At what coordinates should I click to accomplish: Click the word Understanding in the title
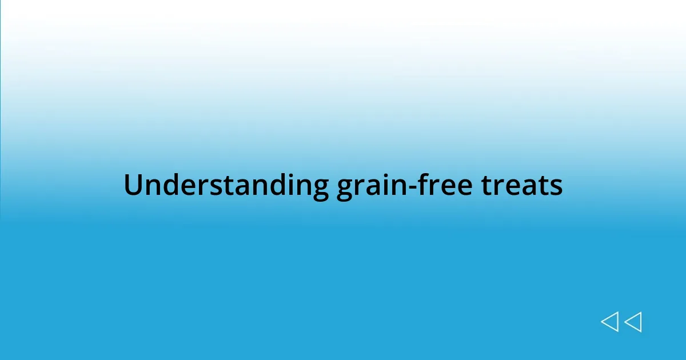226,186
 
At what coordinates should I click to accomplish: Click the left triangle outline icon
609,322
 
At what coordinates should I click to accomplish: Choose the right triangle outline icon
633,322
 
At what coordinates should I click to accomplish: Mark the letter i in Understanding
292,185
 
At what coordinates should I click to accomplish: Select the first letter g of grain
345,190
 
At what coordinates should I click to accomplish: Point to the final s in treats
556,187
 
